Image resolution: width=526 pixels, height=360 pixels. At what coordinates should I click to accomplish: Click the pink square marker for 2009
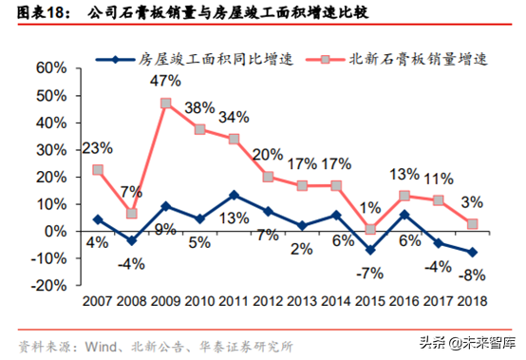click(166, 103)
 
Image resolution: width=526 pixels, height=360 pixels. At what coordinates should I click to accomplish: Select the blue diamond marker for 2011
click(235, 195)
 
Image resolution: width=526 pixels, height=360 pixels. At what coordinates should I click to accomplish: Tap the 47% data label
click(166, 80)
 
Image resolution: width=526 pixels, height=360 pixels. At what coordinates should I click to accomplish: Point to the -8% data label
click(472, 275)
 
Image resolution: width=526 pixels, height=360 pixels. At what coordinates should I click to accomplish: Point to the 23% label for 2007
click(98, 148)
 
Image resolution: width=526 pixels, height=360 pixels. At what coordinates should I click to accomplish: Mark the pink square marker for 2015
click(370, 228)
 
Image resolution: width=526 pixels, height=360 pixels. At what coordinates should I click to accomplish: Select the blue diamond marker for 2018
click(472, 253)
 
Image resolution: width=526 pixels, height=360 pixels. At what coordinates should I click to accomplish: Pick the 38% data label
click(200, 107)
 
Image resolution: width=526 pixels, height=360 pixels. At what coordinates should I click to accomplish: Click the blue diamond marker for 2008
click(132, 240)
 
